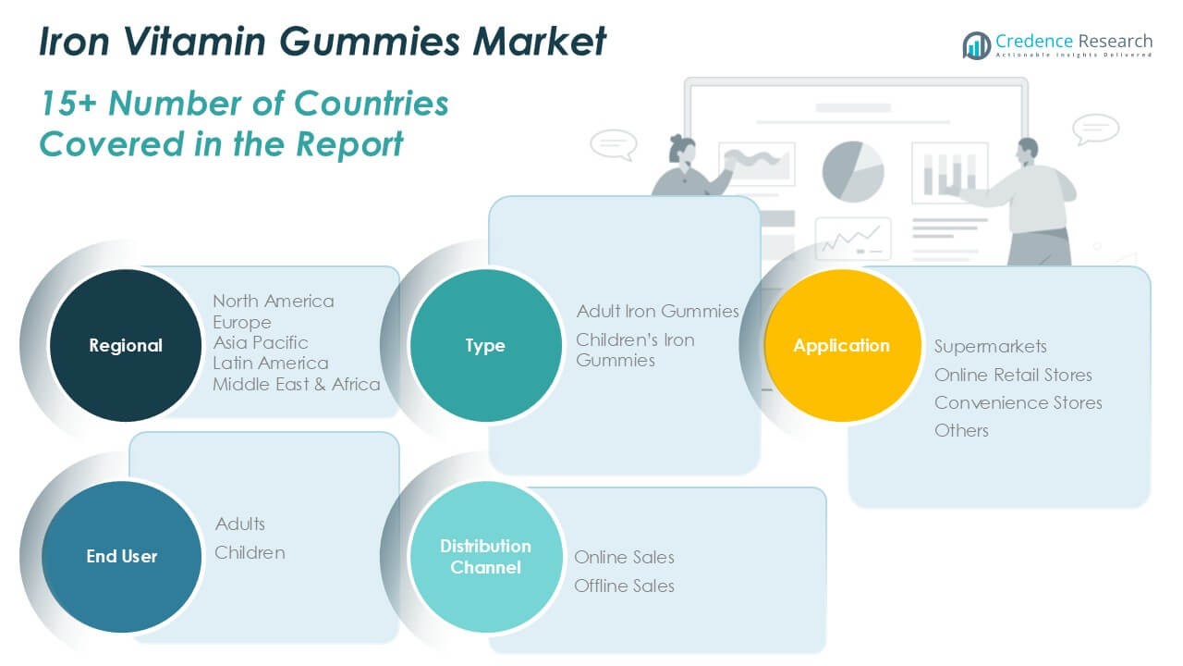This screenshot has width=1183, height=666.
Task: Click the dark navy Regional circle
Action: click(x=125, y=345)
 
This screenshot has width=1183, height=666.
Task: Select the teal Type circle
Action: click(x=485, y=345)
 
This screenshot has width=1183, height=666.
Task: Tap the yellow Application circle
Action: click(x=842, y=345)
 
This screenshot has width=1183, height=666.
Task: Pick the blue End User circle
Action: click(x=121, y=557)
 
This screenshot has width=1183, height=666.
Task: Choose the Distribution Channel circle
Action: click(x=485, y=557)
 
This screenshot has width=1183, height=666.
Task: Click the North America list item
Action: click(x=274, y=302)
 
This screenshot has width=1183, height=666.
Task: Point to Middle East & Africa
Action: click(x=297, y=384)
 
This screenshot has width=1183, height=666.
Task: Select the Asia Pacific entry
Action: click(x=261, y=342)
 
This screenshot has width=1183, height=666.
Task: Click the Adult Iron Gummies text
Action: click(x=657, y=312)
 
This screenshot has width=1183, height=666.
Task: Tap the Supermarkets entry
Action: click(x=990, y=347)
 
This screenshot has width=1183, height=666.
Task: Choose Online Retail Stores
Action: click(x=1013, y=375)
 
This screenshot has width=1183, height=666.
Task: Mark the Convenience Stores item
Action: click(x=1018, y=402)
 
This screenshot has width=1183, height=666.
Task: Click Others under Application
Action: click(x=961, y=431)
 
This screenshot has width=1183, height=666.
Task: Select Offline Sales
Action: click(x=624, y=586)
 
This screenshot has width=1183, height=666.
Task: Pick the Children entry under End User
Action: click(x=250, y=553)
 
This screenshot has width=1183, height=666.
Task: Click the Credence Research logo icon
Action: click(x=976, y=45)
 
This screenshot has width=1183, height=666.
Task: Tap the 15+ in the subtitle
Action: click(x=68, y=103)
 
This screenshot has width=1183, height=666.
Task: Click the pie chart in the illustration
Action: click(x=853, y=172)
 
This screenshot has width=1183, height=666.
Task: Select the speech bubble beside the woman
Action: click(x=613, y=144)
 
